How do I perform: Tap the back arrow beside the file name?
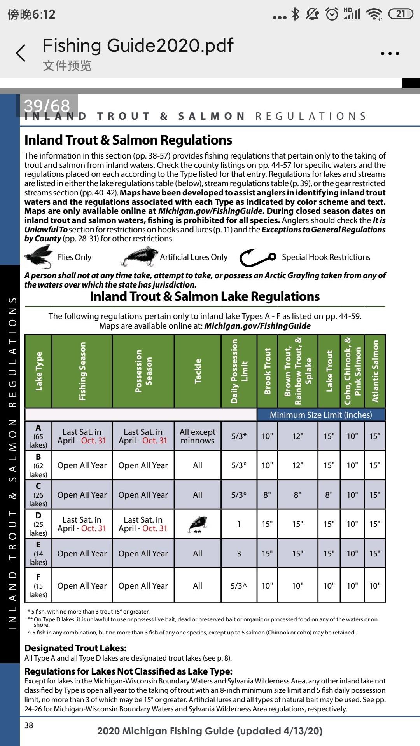pos(21,53)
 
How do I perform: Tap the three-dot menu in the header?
pos(390,54)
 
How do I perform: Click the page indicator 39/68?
pos(47,105)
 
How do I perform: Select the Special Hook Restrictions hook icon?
pos(257,257)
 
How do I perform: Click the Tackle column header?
pos(198,371)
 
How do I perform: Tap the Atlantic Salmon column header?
pos(375,371)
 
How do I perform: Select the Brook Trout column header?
pos(267,371)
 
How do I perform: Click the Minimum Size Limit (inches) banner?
pos(321,415)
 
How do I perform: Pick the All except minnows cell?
pos(198,436)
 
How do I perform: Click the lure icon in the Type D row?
pos(198,524)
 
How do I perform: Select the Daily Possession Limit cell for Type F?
pos(239,586)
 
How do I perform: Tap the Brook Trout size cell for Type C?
pos(267,495)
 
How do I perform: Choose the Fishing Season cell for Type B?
pos(82,465)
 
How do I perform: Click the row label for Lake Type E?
pos(38,553)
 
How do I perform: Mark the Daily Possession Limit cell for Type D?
pos(239,524)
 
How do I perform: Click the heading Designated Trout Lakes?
pos(75,648)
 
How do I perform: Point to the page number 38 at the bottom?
pos(29,725)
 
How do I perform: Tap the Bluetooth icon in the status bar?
pos(296,14)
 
